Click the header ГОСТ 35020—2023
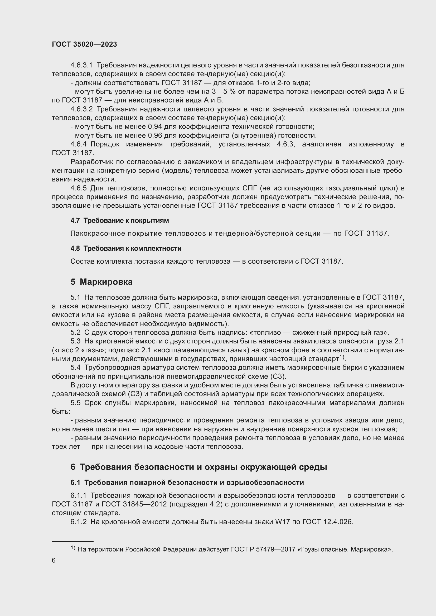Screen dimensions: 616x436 pos(84,45)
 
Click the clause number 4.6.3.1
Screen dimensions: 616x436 pos(81,65)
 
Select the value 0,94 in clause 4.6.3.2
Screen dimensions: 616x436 pos(155,127)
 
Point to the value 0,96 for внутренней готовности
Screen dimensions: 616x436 pos(155,135)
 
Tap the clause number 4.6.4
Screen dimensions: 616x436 pos(78,144)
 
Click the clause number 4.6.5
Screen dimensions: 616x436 pos(78,188)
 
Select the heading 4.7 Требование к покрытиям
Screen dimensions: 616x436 pos(119,220)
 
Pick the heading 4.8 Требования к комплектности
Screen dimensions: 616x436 pos(126,248)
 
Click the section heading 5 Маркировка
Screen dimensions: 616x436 pos(101,282)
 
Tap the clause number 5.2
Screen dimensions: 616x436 pos(75,332)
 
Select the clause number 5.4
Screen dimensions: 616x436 pos(75,368)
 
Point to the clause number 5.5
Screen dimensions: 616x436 pos(75,403)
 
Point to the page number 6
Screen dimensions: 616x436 pos(54,560)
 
